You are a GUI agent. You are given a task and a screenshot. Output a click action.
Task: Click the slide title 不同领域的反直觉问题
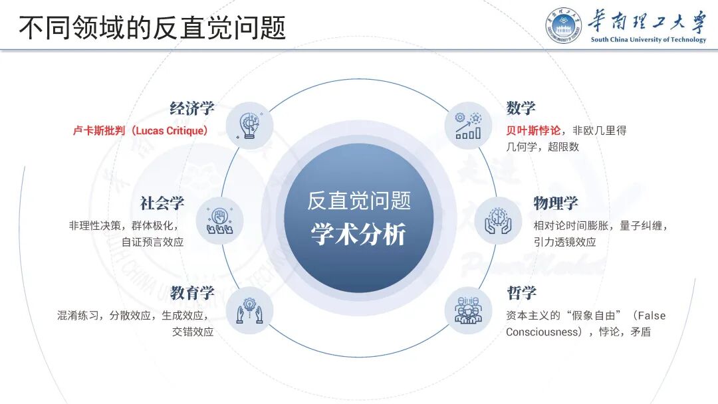pyautogui.click(x=152, y=28)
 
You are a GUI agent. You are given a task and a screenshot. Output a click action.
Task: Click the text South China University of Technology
pyautogui.click(x=648, y=40)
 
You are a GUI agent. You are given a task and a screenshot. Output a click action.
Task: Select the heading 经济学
pyautogui.click(x=192, y=108)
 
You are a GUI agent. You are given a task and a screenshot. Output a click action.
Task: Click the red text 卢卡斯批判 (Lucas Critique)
pyautogui.click(x=140, y=131)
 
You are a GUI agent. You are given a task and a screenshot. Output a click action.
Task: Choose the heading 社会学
pyautogui.click(x=162, y=203)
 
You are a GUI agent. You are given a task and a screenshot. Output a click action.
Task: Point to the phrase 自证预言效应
pyautogui.click(x=152, y=242)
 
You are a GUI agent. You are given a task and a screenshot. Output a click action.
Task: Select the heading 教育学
pyautogui.click(x=192, y=292)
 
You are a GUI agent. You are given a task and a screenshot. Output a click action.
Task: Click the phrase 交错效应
pyautogui.click(x=193, y=332)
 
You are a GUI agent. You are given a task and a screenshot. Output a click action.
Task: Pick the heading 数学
pyautogui.click(x=521, y=108)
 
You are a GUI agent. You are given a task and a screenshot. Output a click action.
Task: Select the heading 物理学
pyautogui.click(x=556, y=203)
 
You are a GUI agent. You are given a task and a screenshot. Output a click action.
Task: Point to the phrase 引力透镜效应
pyautogui.click(x=564, y=242)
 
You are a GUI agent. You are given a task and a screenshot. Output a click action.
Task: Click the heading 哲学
pyautogui.click(x=521, y=292)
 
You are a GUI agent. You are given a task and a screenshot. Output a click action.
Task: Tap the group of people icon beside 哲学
pyautogui.click(x=468, y=310)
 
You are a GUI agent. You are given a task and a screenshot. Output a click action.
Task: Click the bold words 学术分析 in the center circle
pyautogui.click(x=358, y=235)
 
